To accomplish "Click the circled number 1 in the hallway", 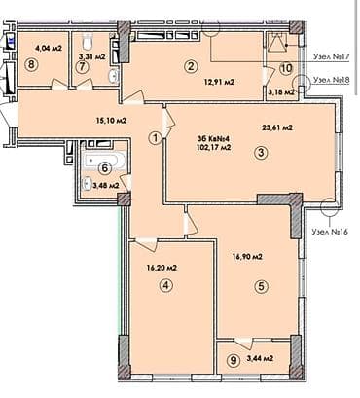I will [x=154, y=137].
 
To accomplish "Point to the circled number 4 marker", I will [x=167, y=285].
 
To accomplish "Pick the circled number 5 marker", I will [x=261, y=285].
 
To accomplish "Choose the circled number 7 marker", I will [x=83, y=66].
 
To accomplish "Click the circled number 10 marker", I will [x=285, y=69].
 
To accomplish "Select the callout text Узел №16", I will [x=331, y=232].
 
